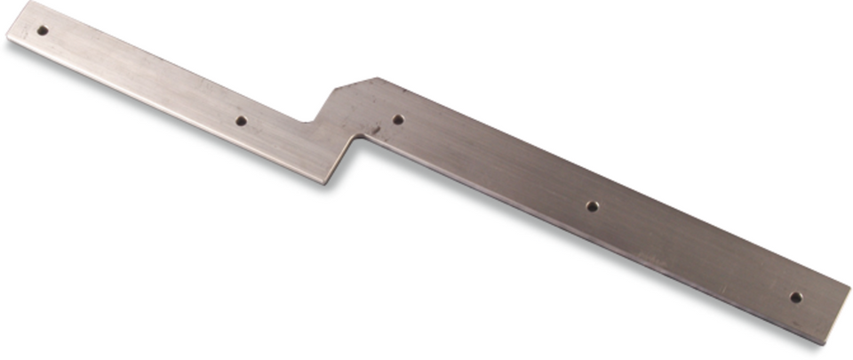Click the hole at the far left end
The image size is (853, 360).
(42, 30)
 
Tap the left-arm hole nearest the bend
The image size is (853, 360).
(240, 120)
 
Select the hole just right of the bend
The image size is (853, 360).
(398, 119)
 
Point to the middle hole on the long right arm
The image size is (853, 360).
(592, 206)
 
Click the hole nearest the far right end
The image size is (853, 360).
(796, 297)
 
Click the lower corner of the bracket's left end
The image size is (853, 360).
(8, 37)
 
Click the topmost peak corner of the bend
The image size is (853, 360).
(377, 78)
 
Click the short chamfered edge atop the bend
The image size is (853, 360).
(355, 83)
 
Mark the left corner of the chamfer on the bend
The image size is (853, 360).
(335, 88)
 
